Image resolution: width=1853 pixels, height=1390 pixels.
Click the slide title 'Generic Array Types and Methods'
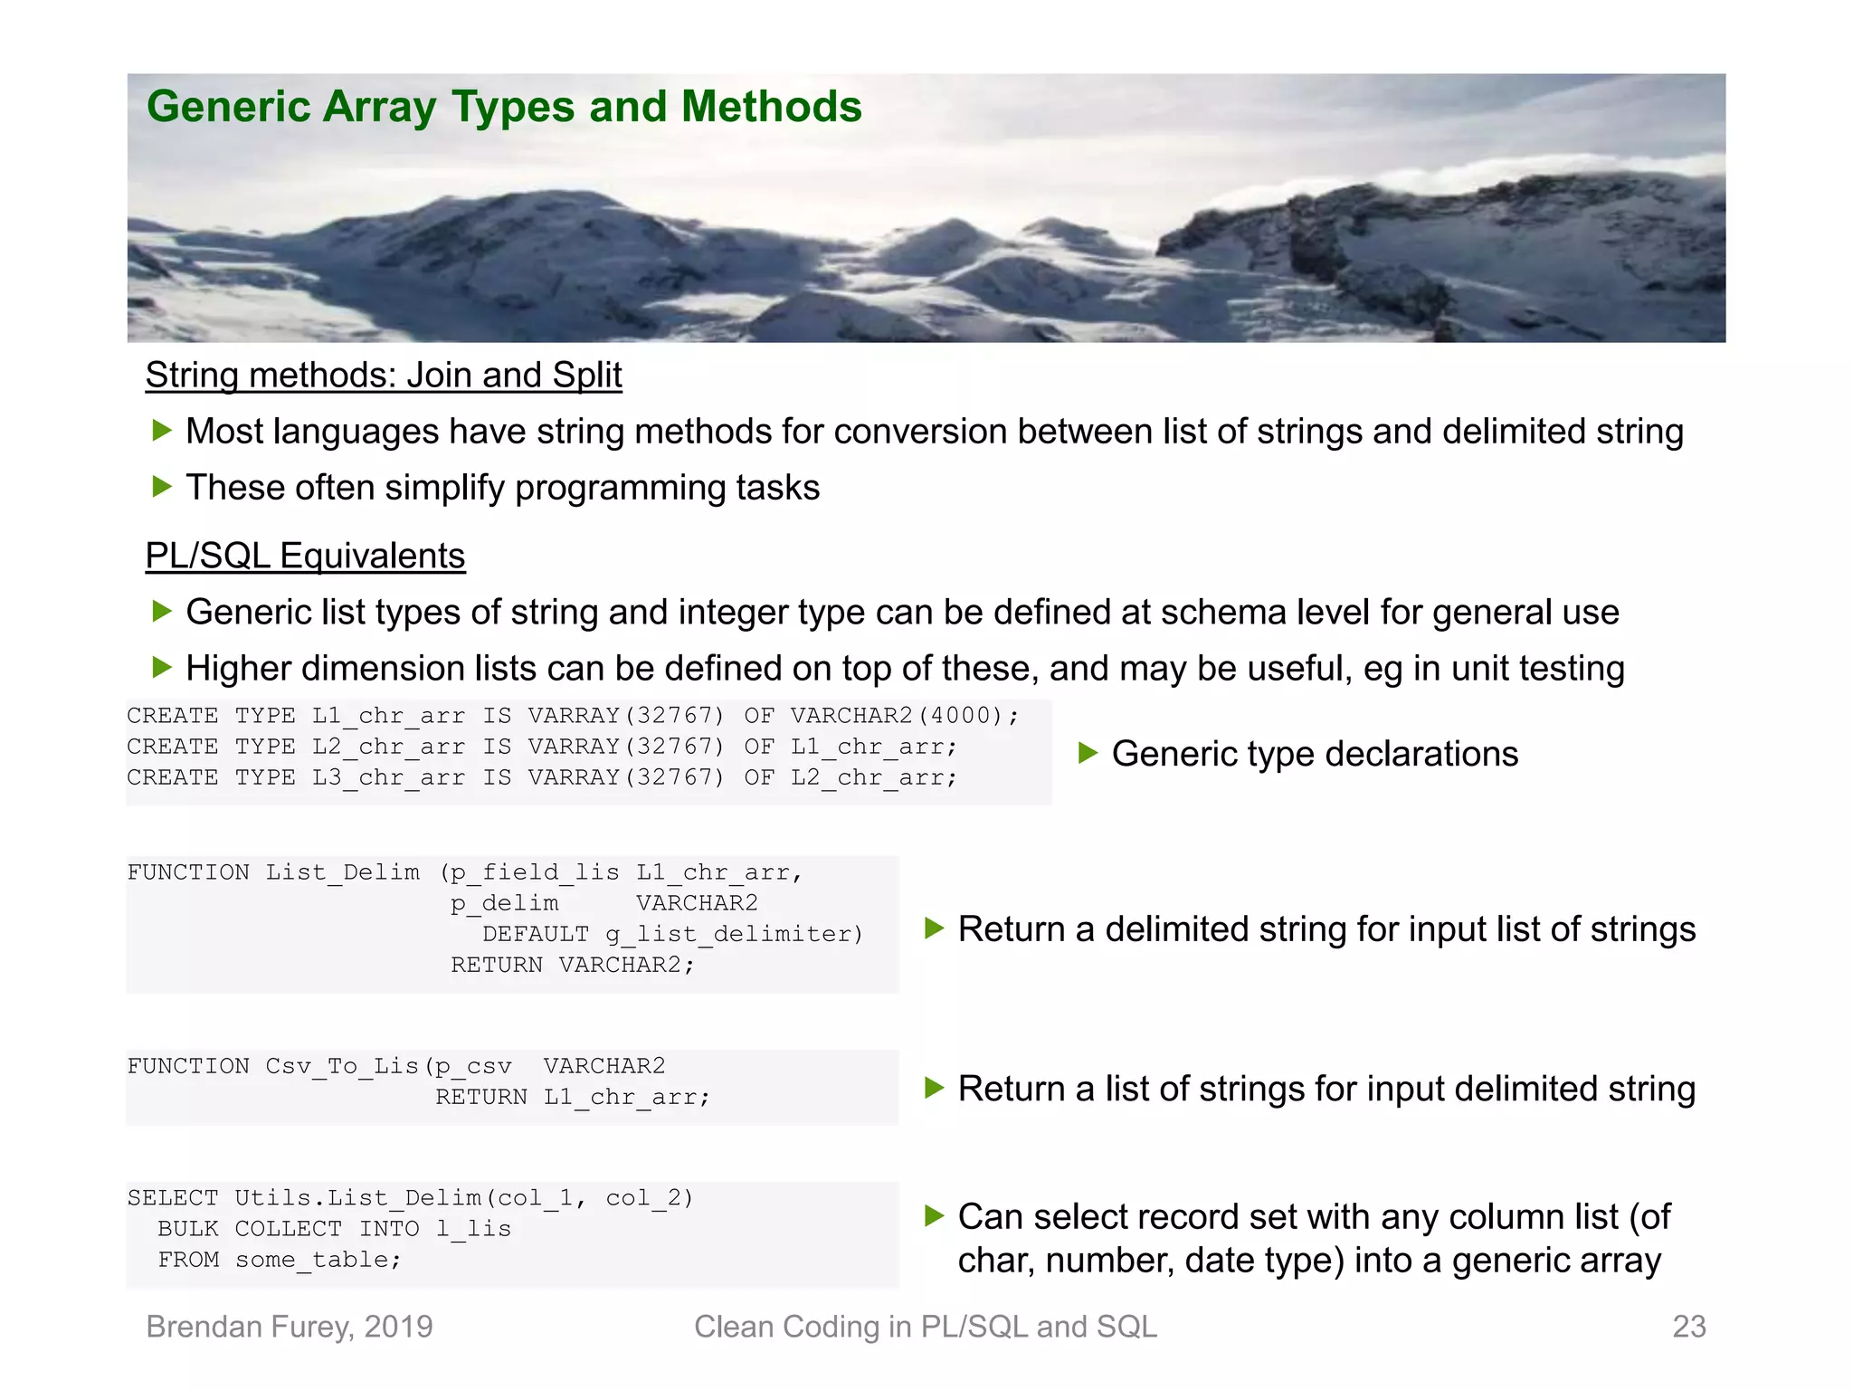click(x=504, y=107)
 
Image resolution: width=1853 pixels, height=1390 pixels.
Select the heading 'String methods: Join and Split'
click(x=384, y=376)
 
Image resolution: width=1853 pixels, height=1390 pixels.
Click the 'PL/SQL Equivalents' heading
click(x=305, y=556)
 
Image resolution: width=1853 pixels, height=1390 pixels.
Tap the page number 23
click(x=1688, y=1327)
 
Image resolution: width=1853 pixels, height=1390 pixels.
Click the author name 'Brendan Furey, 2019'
click(x=290, y=1327)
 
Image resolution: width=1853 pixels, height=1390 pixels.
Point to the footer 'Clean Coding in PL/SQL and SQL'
click(x=925, y=1327)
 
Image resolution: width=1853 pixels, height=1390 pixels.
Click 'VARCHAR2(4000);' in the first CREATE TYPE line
click(x=904, y=716)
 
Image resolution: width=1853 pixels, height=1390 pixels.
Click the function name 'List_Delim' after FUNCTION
click(x=342, y=872)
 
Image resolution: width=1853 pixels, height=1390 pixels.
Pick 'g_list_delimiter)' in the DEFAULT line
click(x=734, y=934)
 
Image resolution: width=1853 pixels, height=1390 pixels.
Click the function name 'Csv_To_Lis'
click(x=342, y=1066)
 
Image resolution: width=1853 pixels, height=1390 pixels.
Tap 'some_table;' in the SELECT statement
click(x=318, y=1260)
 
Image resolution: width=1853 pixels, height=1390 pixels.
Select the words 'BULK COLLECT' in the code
click(x=250, y=1229)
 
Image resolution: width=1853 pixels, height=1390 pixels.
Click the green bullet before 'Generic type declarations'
click(x=1088, y=753)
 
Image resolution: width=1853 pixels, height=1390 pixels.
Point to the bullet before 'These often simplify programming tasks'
click(x=162, y=487)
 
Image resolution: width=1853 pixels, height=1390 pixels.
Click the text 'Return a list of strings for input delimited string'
click(x=1326, y=1089)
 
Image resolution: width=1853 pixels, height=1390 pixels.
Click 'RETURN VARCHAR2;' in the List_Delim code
click(x=573, y=965)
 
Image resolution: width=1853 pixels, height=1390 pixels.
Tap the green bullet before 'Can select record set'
click(x=935, y=1216)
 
